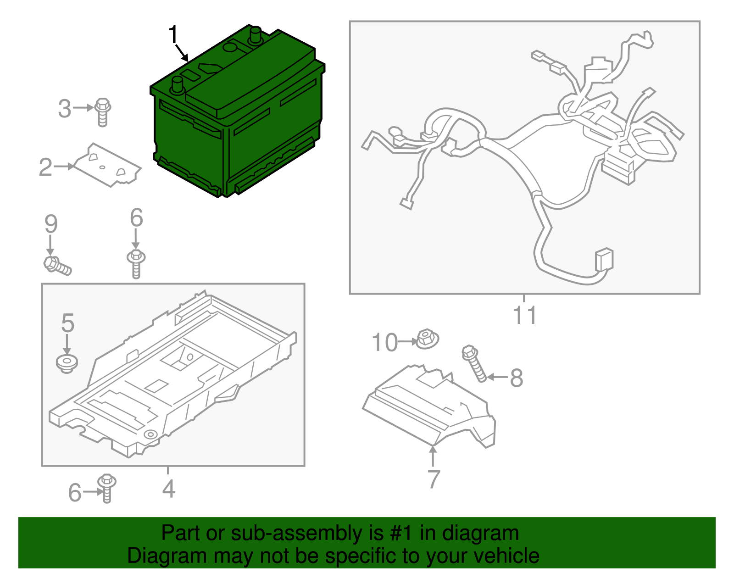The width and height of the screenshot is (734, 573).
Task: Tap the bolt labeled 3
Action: tap(103, 111)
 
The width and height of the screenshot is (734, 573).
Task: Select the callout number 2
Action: tap(45, 167)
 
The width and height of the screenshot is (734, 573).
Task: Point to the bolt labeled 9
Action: tap(57, 266)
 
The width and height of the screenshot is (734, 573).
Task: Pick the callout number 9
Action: tap(51, 224)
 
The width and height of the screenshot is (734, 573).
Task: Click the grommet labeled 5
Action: tap(67, 363)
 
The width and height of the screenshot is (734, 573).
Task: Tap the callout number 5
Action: tap(67, 323)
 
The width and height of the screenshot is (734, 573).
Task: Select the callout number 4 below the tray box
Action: tap(169, 489)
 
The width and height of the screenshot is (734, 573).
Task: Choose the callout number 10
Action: tap(384, 343)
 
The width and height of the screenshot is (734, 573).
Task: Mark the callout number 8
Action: tap(517, 378)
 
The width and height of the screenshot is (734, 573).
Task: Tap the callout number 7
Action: tap(434, 479)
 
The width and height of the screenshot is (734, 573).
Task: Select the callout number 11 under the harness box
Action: tap(524, 316)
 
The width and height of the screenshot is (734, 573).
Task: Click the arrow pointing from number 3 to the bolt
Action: tap(83, 108)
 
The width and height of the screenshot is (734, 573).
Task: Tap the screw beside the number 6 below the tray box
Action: tap(107, 488)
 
